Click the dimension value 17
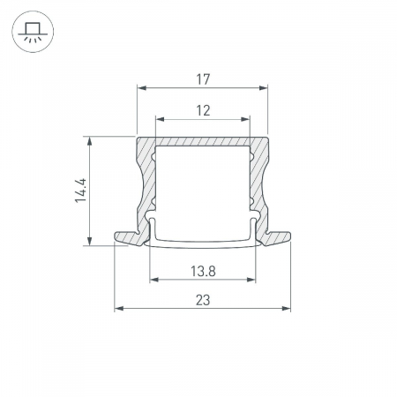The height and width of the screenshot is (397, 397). click(203, 79)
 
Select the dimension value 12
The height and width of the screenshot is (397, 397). click(203, 111)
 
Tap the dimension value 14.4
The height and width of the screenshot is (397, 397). click(80, 191)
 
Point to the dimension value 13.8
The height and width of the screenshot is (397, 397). click(203, 271)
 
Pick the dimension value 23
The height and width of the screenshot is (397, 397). click(203, 300)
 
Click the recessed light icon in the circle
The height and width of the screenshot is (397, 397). click(33, 33)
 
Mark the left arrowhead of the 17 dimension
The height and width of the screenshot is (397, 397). click(142, 88)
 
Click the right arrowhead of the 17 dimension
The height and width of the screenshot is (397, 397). click(264, 88)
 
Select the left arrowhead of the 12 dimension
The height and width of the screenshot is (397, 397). click(161, 119)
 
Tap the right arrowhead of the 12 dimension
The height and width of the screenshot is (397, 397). click(245, 119)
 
